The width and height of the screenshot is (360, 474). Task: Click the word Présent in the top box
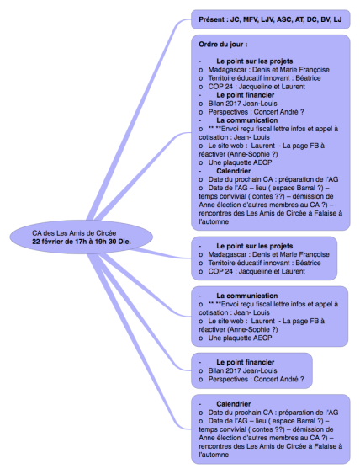(212, 19)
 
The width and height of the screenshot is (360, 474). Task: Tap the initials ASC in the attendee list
(284, 19)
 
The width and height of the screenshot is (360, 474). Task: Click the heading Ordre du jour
(223, 45)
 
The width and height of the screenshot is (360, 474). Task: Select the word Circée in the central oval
(106, 233)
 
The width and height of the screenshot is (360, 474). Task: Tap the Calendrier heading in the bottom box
(234, 404)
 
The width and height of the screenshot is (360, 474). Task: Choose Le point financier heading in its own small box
(246, 362)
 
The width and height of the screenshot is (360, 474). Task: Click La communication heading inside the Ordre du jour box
(246, 120)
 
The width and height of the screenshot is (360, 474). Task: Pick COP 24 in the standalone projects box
(220, 271)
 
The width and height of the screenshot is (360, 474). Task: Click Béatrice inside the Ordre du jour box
(308, 78)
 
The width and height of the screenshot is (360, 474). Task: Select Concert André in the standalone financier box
(276, 379)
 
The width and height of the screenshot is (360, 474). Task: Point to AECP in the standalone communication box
(262, 338)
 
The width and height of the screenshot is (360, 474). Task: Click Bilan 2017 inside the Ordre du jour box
(225, 104)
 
